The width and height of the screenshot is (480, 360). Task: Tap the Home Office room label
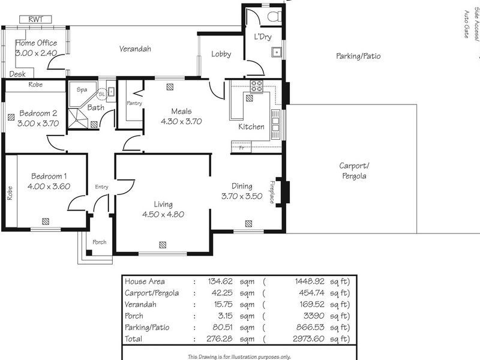36,43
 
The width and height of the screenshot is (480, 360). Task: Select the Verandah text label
134,49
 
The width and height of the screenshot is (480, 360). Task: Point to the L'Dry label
263,37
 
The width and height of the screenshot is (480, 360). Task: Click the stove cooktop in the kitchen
257,86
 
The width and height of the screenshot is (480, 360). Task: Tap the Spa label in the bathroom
82,89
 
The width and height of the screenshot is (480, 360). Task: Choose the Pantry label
134,103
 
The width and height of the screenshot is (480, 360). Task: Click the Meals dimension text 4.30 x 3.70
181,121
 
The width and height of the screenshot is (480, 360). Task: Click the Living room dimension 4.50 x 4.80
163,214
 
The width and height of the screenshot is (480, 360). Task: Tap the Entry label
101,187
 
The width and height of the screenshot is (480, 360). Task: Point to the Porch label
99,242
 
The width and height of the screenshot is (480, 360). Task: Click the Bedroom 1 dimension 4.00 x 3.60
49,186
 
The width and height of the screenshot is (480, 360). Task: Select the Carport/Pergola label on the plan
353,171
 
